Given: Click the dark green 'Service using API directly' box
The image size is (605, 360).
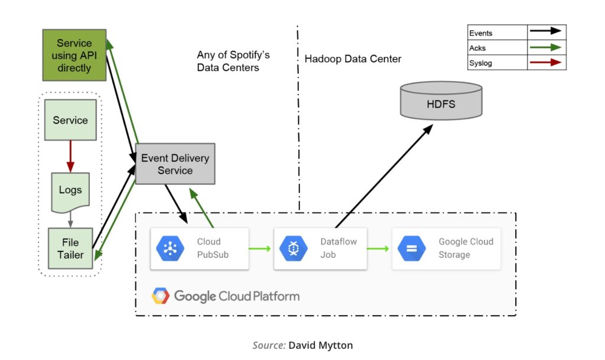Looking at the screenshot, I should click(x=74, y=56).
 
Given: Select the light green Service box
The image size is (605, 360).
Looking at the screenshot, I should click(x=70, y=120).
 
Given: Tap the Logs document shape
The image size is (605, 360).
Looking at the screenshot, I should click(x=70, y=191).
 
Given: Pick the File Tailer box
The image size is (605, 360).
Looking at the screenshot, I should click(x=70, y=248).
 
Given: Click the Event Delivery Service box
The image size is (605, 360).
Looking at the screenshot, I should click(x=175, y=163).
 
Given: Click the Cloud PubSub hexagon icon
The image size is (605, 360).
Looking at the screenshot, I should click(x=170, y=248).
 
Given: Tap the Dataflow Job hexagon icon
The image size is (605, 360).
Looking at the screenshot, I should click(x=294, y=248).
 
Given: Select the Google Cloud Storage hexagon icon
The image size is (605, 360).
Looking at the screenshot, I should click(x=412, y=248).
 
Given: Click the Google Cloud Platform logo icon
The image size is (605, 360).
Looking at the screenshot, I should click(x=161, y=296).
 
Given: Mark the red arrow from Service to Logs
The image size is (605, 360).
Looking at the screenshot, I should click(x=70, y=155).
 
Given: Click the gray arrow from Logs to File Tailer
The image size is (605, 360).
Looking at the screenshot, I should click(x=70, y=219).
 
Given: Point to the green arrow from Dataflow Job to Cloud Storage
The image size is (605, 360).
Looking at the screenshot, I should click(x=378, y=248).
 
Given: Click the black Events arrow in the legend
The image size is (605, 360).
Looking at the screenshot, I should click(x=547, y=33).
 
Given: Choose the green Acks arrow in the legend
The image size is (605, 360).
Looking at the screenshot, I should click(x=547, y=47).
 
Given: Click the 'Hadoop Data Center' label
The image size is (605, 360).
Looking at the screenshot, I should click(x=353, y=59).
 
